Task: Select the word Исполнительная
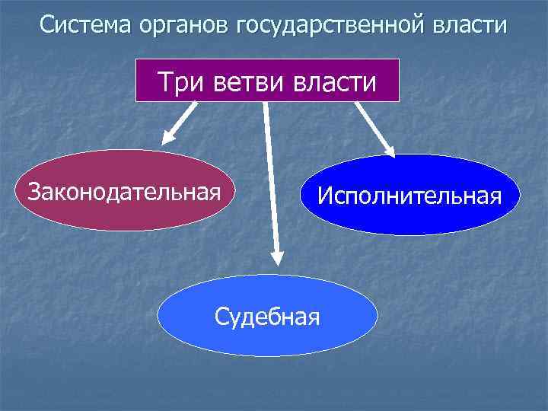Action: tap(409, 196)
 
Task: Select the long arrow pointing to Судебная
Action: tap(271, 183)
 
